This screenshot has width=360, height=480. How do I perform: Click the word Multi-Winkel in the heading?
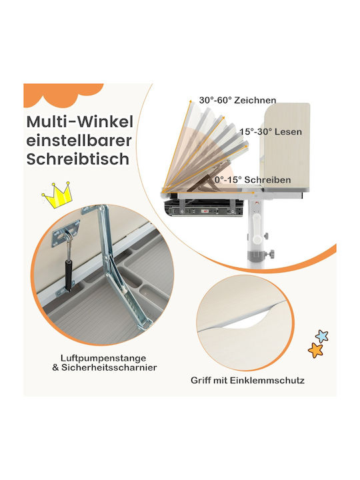79,122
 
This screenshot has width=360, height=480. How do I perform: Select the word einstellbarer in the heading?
79,141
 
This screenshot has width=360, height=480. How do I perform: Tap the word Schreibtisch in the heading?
78,159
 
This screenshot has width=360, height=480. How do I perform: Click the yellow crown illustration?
57,195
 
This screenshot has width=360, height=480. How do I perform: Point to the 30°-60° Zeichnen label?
237,100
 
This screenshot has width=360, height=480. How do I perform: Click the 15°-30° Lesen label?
271,131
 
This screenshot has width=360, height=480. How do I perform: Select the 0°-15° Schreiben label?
253,180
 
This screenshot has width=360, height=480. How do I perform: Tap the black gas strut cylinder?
69,274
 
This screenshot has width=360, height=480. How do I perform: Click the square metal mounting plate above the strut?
65,233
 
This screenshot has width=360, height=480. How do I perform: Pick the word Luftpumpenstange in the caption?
103,358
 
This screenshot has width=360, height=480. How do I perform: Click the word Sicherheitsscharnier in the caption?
109,367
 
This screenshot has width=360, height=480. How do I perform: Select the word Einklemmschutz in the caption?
267,381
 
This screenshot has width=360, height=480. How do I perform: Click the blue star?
322,336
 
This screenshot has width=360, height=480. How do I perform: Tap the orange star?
315,350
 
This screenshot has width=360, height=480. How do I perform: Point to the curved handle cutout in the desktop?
245,319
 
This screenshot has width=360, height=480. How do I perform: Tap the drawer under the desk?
203,208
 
